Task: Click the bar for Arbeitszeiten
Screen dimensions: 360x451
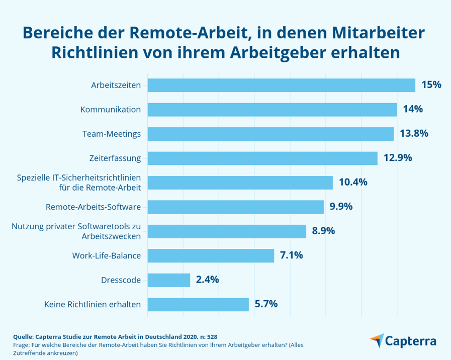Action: click(x=282, y=85)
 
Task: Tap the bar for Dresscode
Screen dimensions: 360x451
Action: click(x=169, y=280)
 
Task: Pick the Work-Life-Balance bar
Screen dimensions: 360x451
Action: click(x=211, y=255)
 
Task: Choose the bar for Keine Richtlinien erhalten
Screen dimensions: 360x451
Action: click(x=198, y=304)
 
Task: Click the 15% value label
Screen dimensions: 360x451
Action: click(x=431, y=85)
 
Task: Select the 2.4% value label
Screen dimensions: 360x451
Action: click(x=208, y=280)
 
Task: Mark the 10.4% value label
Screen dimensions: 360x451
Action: click(x=353, y=182)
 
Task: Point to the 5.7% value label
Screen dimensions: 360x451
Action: click(x=266, y=304)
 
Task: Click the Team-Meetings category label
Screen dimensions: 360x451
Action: click(x=112, y=134)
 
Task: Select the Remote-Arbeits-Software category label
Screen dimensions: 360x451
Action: click(x=94, y=207)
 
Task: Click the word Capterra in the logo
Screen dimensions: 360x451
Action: click(x=411, y=341)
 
